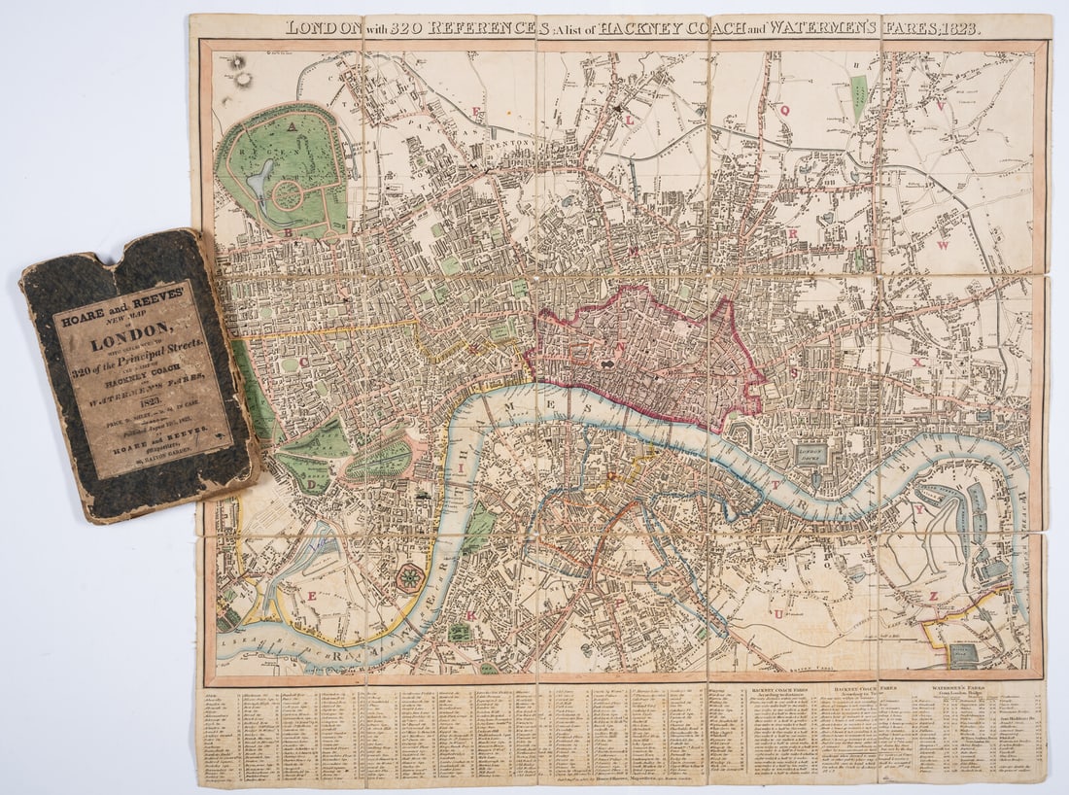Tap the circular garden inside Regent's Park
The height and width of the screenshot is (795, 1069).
[x=287, y=194]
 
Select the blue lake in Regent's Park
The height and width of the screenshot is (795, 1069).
[x=259, y=179]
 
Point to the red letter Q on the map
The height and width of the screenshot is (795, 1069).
[x=784, y=111]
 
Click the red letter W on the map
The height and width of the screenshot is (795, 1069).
[x=942, y=246]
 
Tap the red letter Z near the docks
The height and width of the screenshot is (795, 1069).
[x=933, y=596]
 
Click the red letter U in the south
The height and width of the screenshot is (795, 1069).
[x=777, y=614]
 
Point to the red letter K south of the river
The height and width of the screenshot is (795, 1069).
[x=472, y=614]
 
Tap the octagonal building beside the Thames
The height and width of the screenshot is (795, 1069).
[x=409, y=577]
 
